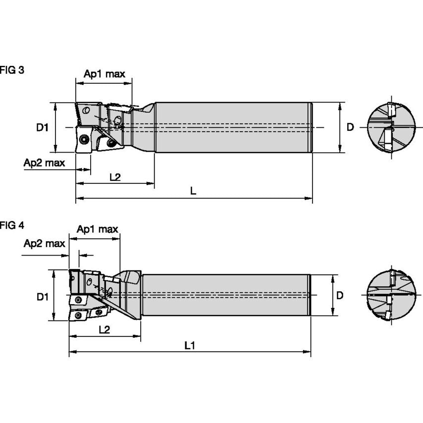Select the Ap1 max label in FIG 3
tap(104, 74)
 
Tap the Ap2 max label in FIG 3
tap(44, 163)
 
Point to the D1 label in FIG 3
tap(42, 127)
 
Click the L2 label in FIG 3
tap(114, 177)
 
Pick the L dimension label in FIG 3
tap(193, 191)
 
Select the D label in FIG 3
tap(350, 127)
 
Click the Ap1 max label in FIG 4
tap(98, 229)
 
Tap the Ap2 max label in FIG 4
tap(45, 243)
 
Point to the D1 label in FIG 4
tap(42, 297)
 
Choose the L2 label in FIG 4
tap(104, 329)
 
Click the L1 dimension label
tap(189, 345)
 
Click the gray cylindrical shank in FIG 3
tap(233, 127)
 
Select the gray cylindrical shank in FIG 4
tap(225, 295)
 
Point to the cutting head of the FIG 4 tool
tap(94, 296)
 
